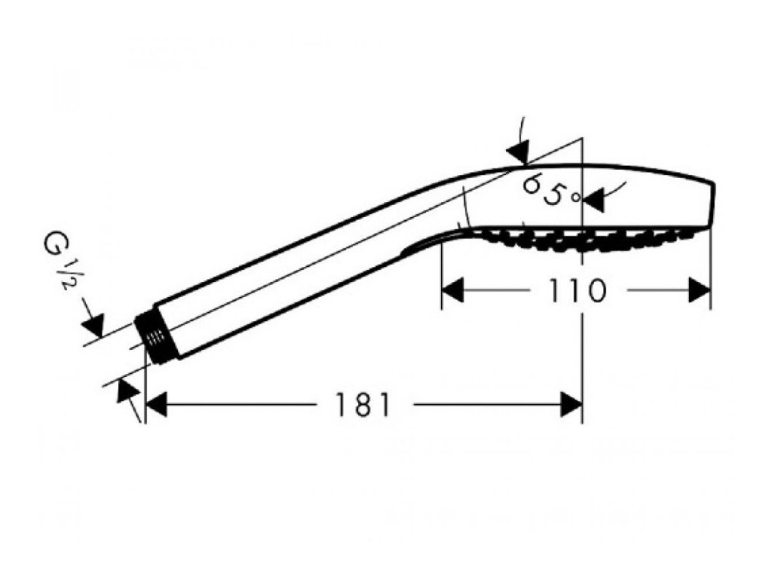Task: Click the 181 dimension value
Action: tap(364, 406)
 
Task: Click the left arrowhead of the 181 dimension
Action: tap(155, 406)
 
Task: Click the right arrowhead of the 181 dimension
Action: tap(571, 406)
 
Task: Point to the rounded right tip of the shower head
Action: tap(710, 204)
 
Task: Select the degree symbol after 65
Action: tap(576, 198)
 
